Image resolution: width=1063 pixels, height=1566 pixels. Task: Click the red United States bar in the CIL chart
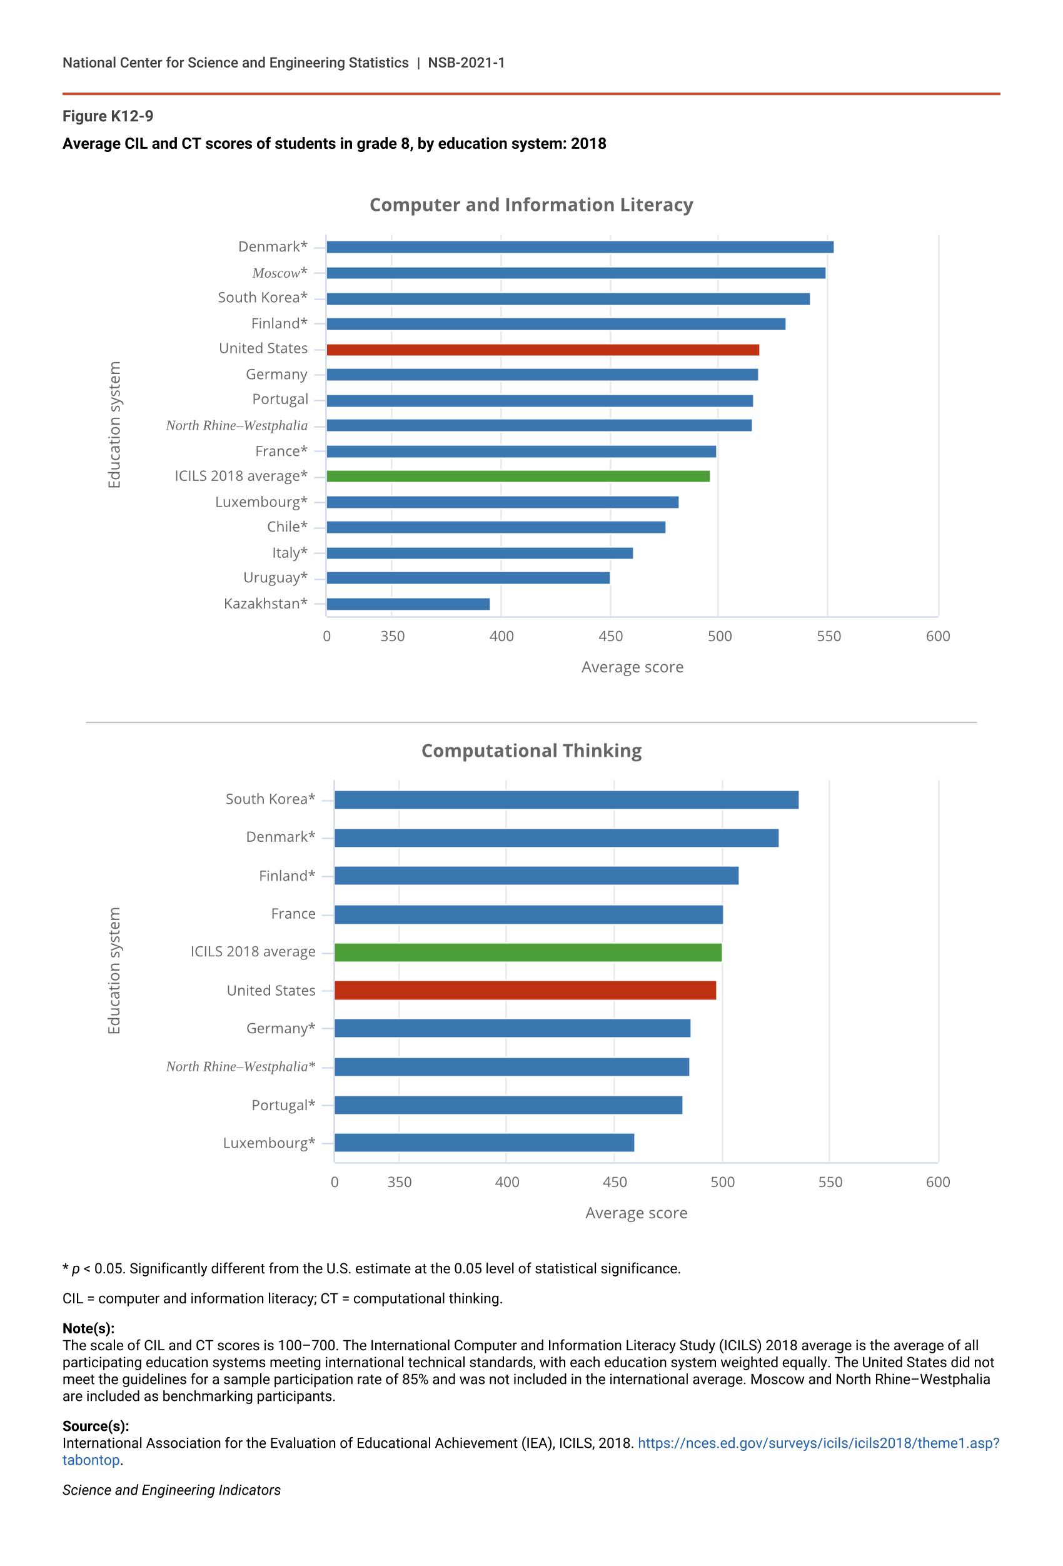[x=542, y=350]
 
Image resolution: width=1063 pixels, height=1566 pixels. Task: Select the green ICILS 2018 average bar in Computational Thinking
[x=528, y=952]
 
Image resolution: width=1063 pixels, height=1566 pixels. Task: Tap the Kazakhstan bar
[x=408, y=604]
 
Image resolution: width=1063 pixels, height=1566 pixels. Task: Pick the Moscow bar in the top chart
[x=575, y=273]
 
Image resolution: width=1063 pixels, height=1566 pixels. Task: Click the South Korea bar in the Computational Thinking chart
[x=566, y=800]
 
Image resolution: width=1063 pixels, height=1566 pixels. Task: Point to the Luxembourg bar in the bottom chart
[x=484, y=1143]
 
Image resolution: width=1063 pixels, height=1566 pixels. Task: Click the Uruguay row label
[x=275, y=577]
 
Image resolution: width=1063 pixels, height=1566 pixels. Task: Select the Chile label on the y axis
[x=287, y=526]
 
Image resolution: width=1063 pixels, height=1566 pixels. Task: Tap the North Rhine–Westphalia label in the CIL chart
[x=236, y=425]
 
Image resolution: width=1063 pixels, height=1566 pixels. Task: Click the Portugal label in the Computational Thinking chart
[x=283, y=1105]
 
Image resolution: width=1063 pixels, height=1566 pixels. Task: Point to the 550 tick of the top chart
[x=829, y=636]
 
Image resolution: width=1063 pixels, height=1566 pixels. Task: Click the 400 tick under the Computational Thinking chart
[x=506, y=1182]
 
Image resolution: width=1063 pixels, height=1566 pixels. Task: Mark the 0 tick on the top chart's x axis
[x=326, y=636]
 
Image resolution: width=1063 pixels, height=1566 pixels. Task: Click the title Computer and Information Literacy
[x=531, y=205]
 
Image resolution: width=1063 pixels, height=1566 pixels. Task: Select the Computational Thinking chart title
[x=531, y=750]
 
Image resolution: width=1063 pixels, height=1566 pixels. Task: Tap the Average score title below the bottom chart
[x=636, y=1213]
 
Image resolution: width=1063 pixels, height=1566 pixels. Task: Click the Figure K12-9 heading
[x=108, y=116]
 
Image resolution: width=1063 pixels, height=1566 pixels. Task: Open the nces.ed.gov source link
[x=818, y=1443]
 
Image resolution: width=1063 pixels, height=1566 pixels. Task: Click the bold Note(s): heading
[x=88, y=1328]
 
